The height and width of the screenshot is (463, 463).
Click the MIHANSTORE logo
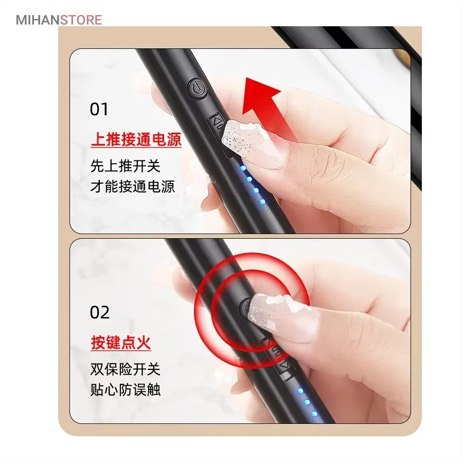59,20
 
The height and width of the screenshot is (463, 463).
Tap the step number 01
99,109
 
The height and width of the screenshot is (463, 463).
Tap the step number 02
99,312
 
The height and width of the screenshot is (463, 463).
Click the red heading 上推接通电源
136,139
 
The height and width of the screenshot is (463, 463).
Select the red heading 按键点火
121,343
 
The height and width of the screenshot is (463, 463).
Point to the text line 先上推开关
125,166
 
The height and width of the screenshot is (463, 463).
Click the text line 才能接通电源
133,187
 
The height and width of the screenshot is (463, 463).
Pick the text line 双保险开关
125,369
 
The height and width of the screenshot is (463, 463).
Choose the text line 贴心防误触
125,390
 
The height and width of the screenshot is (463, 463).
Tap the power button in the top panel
197,87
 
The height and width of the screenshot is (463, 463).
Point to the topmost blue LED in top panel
243,169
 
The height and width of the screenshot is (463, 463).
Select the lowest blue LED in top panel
262,202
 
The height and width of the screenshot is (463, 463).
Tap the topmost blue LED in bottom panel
300,391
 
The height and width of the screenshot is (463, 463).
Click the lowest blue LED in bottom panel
314,414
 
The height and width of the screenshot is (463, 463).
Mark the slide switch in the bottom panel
278,358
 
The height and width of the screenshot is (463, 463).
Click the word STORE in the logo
81,20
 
